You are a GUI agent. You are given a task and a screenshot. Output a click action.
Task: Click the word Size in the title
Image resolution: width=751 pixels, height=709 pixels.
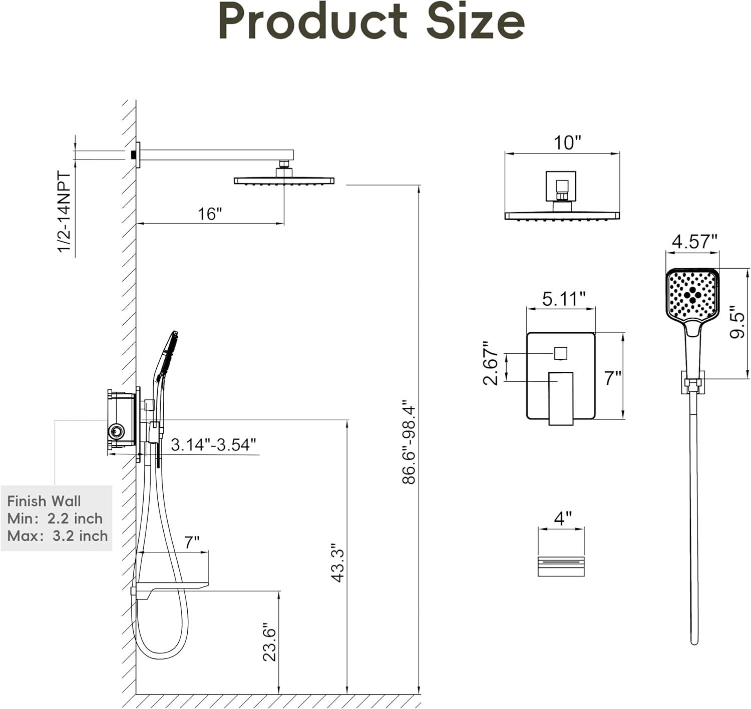(475, 22)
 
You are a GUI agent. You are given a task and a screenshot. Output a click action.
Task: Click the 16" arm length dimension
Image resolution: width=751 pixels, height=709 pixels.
(209, 214)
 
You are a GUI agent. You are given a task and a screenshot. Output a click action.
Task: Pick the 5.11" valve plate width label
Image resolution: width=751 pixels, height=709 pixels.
(563, 299)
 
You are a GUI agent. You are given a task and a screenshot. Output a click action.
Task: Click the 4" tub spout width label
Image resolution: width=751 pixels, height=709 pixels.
(562, 518)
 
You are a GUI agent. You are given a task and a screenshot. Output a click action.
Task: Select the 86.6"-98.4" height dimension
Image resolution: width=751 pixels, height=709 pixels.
(409, 441)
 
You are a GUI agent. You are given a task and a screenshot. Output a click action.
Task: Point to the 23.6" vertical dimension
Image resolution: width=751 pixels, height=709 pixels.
(269, 641)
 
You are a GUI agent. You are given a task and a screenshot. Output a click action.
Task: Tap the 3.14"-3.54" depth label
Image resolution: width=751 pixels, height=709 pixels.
(213, 444)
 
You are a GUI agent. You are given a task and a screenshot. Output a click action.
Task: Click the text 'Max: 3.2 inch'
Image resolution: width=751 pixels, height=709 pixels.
(58, 536)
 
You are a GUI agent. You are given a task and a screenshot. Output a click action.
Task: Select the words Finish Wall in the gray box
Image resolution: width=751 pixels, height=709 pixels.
(44, 501)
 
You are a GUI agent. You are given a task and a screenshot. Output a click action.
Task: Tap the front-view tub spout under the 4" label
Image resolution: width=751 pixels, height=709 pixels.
(561, 566)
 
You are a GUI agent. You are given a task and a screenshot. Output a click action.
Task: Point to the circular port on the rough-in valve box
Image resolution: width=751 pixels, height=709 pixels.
(117, 431)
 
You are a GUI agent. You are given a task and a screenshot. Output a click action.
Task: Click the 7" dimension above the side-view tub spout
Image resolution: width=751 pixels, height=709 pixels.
(191, 542)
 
